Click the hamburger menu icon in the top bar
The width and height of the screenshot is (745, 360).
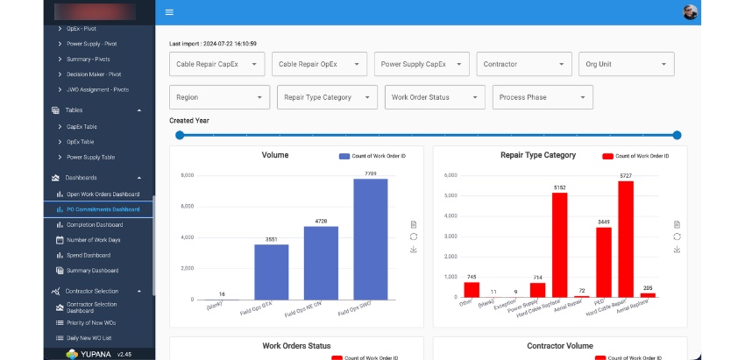(x=169, y=12)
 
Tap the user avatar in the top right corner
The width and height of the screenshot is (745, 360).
(x=691, y=12)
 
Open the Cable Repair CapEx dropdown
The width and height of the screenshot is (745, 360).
(x=216, y=64)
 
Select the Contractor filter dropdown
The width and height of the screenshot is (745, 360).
(x=524, y=64)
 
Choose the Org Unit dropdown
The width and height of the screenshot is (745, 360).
(x=627, y=64)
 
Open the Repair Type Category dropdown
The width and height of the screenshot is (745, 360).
(x=327, y=97)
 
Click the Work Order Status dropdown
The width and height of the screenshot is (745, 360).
(x=435, y=97)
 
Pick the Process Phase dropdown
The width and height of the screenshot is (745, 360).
(x=543, y=97)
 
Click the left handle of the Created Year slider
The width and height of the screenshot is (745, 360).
(x=180, y=135)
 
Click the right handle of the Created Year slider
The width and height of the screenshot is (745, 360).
(x=677, y=135)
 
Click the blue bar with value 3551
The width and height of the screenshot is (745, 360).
(x=272, y=272)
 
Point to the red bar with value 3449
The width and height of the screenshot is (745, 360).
(x=604, y=262)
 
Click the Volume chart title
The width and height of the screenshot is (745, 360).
(x=274, y=155)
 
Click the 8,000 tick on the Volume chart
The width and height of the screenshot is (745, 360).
(x=187, y=175)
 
